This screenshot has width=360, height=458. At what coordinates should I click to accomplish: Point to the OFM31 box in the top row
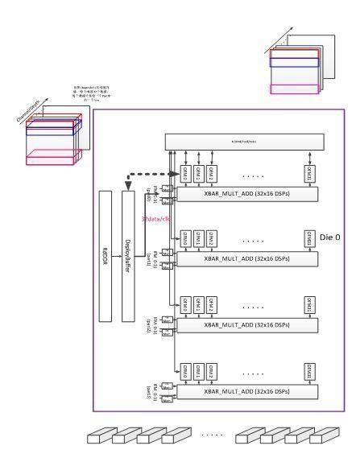(x=308, y=172)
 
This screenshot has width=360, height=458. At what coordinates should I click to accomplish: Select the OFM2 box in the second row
(x=211, y=239)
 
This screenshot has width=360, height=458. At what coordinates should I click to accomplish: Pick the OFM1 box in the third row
(x=197, y=305)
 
